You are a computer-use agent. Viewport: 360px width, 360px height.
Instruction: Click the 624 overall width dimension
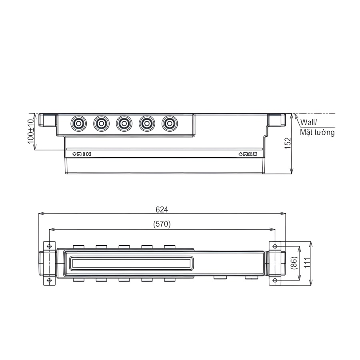click(162, 209)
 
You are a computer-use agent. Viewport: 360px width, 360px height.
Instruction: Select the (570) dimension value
click(162, 224)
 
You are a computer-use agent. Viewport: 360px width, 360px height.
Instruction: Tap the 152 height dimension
click(288, 144)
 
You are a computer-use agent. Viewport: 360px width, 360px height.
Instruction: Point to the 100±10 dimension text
click(31, 132)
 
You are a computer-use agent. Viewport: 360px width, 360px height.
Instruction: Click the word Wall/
click(308, 123)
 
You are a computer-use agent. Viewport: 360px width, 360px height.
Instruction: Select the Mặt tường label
click(317, 133)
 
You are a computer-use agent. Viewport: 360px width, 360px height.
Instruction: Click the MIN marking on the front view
click(81, 154)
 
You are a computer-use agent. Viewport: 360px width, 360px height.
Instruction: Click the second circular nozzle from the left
click(101, 124)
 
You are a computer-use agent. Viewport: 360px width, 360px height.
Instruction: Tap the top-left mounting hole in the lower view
click(49, 246)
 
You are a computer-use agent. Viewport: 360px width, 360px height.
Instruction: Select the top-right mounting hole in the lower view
click(275, 246)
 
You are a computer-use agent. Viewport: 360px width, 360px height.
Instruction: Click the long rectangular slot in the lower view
click(130, 263)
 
